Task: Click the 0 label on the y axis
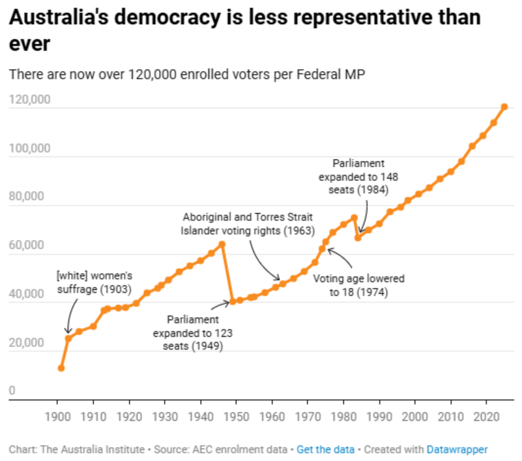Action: pyautogui.click(x=12, y=391)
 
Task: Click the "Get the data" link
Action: pyautogui.click(x=326, y=449)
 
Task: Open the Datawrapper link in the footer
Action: pyautogui.click(x=457, y=449)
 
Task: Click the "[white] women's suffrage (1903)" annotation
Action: pyautogui.click(x=95, y=282)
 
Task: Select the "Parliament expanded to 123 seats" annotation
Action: pyautogui.click(x=193, y=333)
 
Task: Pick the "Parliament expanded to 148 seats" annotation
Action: pyautogui.click(x=358, y=176)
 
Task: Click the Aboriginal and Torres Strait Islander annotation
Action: pyautogui.click(x=248, y=223)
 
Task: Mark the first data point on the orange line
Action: pyautogui.click(x=61, y=368)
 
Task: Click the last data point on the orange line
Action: pyautogui.click(x=504, y=107)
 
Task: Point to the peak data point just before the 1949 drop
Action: pyautogui.click(x=222, y=244)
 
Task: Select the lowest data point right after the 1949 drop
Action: pyautogui.click(x=233, y=301)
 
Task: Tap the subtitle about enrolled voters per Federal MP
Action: pyautogui.click(x=186, y=74)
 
